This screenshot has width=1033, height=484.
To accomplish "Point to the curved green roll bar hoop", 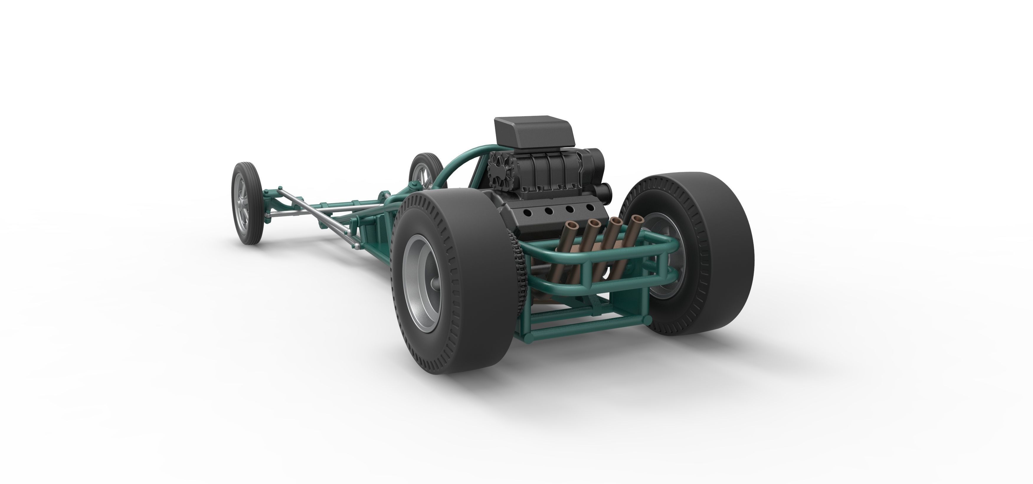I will [457, 164].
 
